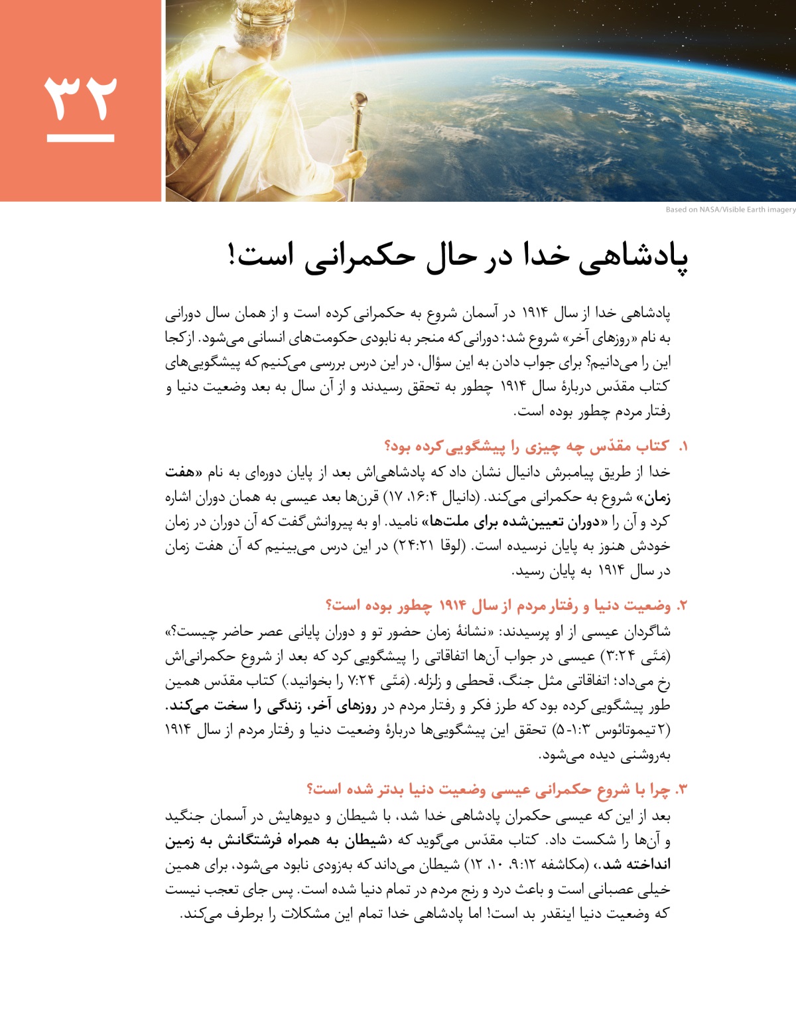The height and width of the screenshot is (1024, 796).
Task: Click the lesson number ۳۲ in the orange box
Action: click(x=80, y=97)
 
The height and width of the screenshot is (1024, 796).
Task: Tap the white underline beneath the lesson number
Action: click(x=80, y=138)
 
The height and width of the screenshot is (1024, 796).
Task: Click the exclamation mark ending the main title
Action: click(x=232, y=255)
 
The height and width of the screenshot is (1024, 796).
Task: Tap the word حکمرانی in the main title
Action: click(x=351, y=256)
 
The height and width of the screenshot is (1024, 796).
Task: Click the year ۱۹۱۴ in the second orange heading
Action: click(x=452, y=606)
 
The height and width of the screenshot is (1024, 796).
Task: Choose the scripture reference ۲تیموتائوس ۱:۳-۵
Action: click(x=608, y=730)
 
